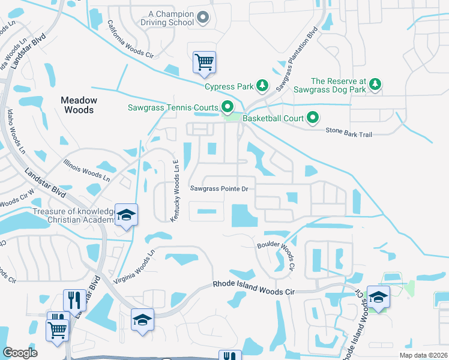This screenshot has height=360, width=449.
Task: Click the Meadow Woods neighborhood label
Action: click(79, 105)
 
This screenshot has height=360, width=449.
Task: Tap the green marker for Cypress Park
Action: click(262, 86)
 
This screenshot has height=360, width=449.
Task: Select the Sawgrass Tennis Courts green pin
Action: click(227, 108)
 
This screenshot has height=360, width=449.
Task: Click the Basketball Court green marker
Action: click(313, 118)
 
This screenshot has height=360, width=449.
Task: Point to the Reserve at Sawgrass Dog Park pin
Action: click(375, 85)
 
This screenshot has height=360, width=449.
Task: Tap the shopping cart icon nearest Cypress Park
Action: click(204, 62)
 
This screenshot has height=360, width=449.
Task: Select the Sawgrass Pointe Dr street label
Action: click(219, 188)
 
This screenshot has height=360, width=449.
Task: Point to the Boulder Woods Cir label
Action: click(277, 255)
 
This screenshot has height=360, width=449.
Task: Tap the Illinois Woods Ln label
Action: click(87, 170)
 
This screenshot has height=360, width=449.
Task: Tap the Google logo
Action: click(20, 352)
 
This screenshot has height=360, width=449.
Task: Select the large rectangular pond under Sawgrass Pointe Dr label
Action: click(243, 215)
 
